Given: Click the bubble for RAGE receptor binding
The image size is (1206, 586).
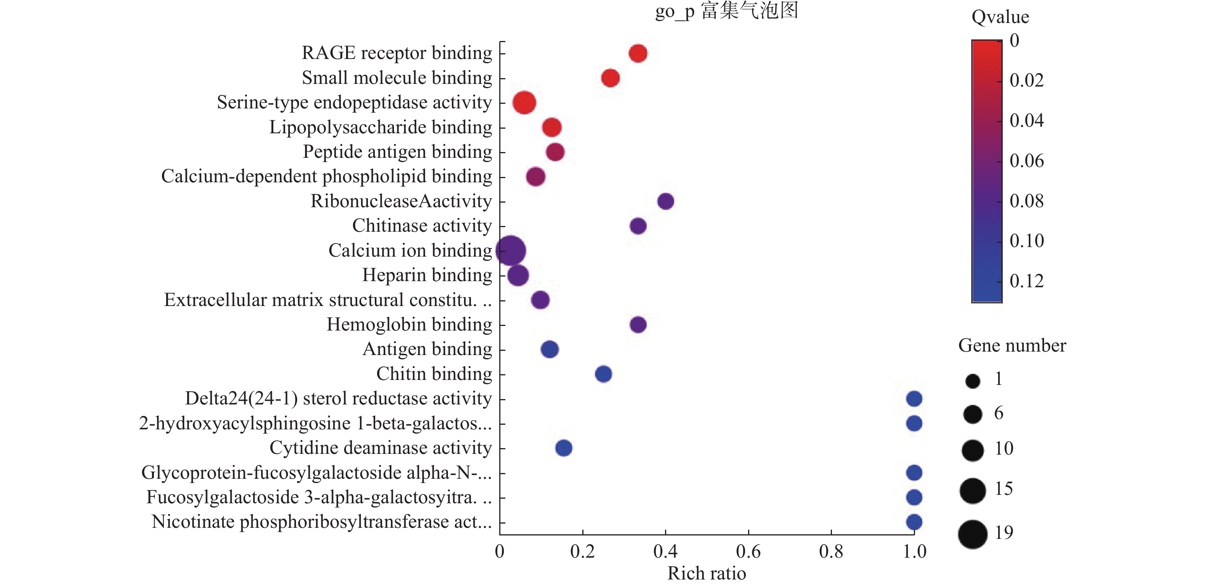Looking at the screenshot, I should click(x=637, y=53).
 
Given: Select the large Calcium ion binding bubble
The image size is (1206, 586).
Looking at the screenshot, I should click(x=511, y=250).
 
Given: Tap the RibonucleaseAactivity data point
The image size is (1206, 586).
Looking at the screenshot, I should click(x=665, y=201).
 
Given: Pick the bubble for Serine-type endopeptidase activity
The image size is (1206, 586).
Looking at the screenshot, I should click(x=524, y=103).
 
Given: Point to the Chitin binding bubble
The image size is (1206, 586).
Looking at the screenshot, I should click(x=603, y=374).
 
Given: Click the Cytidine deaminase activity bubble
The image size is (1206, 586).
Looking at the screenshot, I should click(x=564, y=448).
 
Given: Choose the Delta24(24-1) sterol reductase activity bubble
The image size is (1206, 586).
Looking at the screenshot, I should click(x=914, y=399).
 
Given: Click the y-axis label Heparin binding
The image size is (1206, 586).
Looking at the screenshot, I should click(x=427, y=275).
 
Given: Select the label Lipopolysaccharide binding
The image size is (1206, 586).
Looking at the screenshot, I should click(x=381, y=127).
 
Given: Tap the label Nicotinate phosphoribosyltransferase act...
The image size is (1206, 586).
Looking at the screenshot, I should click(x=322, y=522).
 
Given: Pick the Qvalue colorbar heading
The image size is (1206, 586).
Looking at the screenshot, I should click(x=1000, y=17).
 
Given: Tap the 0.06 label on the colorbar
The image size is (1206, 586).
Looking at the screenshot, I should click(x=1026, y=160).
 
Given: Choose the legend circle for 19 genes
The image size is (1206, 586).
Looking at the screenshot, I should click(x=972, y=534).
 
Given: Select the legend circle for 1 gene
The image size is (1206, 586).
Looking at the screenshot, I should click(x=972, y=381).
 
